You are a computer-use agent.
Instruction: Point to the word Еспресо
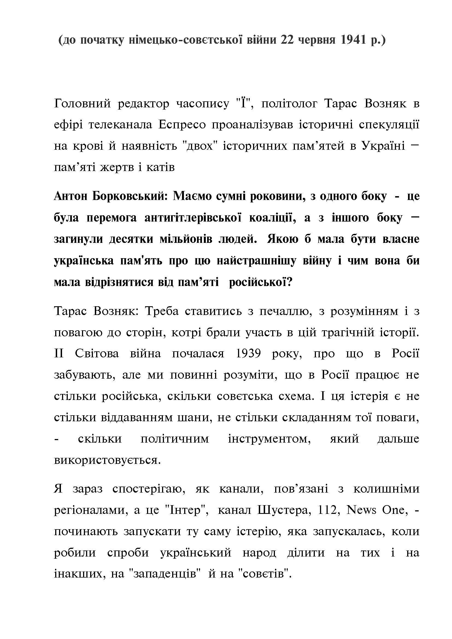click(182, 125)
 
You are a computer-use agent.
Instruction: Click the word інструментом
click(269, 439)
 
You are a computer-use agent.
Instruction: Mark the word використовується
click(107, 460)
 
